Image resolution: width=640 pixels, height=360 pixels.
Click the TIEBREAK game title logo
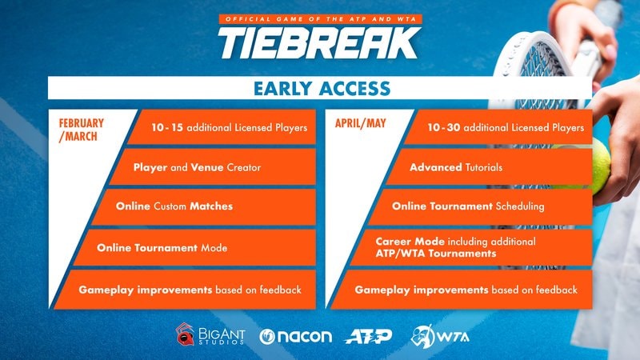click(x=319, y=42)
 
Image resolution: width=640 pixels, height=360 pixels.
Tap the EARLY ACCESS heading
click(x=320, y=88)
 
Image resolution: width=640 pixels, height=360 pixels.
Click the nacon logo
click(x=296, y=335)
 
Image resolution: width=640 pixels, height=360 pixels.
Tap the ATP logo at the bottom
click(x=369, y=335)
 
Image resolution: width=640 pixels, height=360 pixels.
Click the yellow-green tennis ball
click(x=596, y=164)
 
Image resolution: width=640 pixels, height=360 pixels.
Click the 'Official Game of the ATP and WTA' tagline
click(x=319, y=18)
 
